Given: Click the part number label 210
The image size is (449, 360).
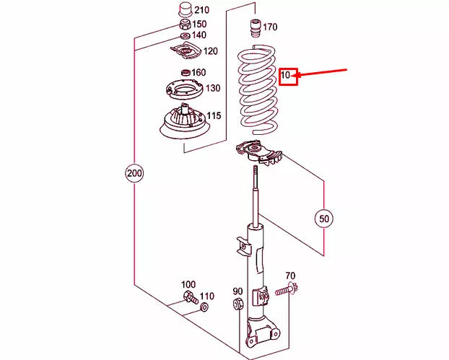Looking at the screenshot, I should pos(201,10).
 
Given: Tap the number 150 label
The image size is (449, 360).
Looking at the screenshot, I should pos(199,24).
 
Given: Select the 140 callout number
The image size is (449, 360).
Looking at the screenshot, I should pos(199,35).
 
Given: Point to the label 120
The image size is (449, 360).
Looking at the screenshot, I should pos(210,51).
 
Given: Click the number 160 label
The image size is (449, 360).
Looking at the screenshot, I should pos(199,72).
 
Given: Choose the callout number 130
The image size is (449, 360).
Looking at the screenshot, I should pos(213,88).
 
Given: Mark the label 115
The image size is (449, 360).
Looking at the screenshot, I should pos(214,115).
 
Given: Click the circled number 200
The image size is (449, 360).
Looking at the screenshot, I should pos(134,174).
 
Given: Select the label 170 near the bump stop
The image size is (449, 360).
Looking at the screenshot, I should pos(269,27).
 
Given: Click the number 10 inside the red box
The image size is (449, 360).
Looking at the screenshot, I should pos(286,75).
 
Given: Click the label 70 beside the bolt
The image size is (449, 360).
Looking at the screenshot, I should pos(290,276).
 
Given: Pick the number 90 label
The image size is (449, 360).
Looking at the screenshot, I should pos(237,291).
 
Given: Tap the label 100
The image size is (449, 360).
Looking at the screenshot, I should pos(188,284).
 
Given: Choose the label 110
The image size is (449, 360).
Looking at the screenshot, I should pos(207,297).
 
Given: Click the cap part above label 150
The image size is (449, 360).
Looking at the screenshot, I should pos(185,11).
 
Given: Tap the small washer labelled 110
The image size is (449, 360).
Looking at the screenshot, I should pos(203,307).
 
